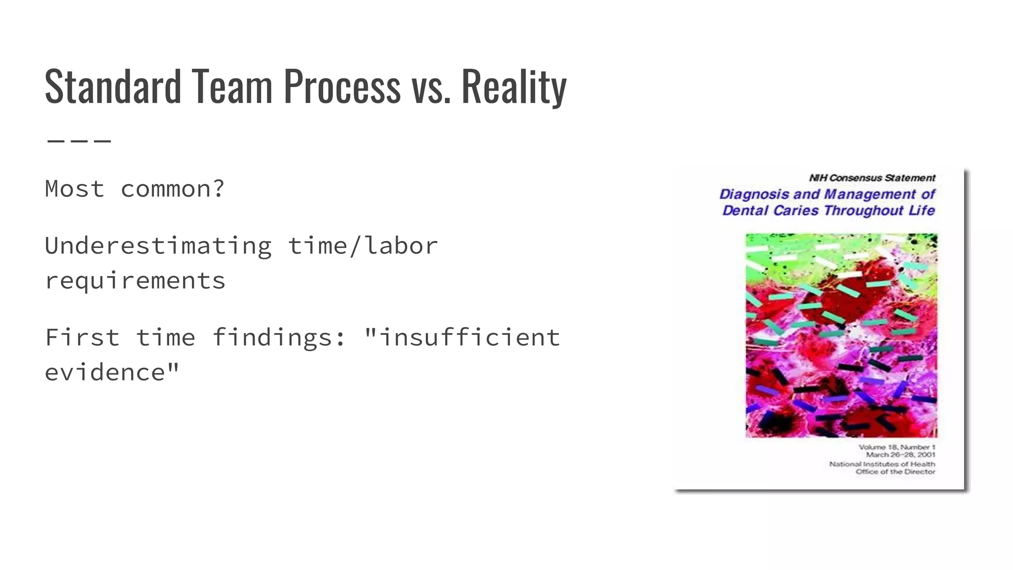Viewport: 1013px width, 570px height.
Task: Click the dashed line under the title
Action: point(79,141)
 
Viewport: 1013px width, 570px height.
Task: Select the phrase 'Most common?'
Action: point(135,189)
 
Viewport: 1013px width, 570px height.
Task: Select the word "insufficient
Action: point(462,337)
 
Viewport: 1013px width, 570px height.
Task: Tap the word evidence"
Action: point(112,373)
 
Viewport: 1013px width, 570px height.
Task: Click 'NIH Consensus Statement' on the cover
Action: point(872,178)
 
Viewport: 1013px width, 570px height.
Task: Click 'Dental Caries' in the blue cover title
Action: point(770,211)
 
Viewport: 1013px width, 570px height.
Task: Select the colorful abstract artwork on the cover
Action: point(841,335)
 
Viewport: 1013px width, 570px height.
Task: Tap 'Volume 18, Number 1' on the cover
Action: point(897,447)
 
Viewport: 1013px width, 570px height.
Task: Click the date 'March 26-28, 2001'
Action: point(900,454)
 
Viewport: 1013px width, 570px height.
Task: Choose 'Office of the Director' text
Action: point(895,472)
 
